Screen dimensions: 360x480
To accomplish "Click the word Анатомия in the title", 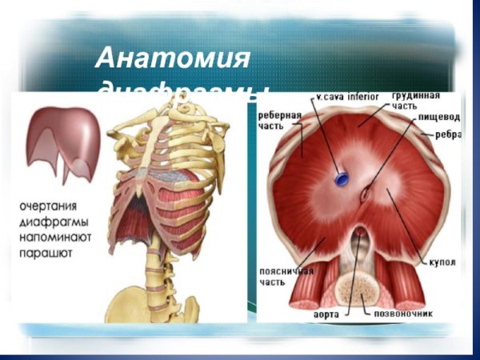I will click(x=173, y=58).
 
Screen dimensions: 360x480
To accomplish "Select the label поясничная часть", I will click(x=279, y=277).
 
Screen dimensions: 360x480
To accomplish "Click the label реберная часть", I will click(x=279, y=120).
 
